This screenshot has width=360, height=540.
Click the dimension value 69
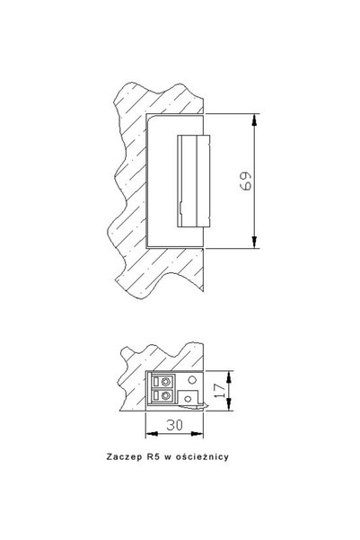click(245, 181)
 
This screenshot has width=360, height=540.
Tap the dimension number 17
click(219, 391)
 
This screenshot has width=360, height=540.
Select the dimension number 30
click(174, 425)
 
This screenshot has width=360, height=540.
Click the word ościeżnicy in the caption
click(202, 457)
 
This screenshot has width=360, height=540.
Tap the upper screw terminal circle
click(167, 382)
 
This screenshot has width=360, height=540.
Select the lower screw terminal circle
click(167, 395)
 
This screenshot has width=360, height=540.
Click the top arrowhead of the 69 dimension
click(254, 120)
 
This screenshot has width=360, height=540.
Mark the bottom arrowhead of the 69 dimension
click(254, 242)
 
